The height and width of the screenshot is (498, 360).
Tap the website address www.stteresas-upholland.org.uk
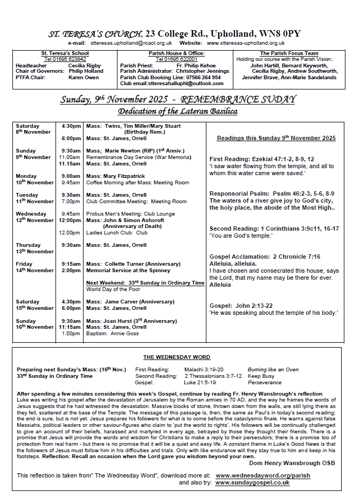pos(246,43)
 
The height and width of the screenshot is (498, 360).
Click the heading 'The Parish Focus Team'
pos(289,53)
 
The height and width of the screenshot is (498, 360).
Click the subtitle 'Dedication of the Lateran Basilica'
pos(178,112)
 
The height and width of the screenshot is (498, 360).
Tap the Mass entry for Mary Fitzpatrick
pos(115,176)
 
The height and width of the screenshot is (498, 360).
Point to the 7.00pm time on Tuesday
pos(70,202)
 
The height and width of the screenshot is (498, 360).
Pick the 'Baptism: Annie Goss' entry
pos(112,334)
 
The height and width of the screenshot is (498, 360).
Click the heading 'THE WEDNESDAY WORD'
pos(176,357)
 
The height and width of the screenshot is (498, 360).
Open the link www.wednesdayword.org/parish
pos(262,476)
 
